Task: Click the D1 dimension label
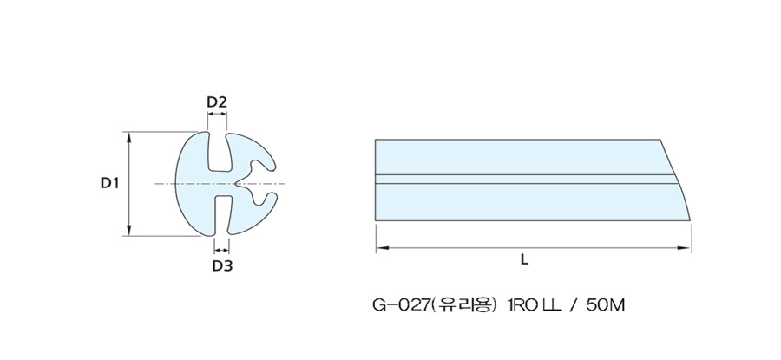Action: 109,183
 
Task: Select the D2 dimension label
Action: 217,102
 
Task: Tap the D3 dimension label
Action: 222,266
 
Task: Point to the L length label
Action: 524,259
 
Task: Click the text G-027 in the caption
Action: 401,305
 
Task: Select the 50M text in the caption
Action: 605,305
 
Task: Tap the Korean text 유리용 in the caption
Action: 464,305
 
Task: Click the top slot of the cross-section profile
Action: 218,151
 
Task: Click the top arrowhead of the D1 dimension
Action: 129,137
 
